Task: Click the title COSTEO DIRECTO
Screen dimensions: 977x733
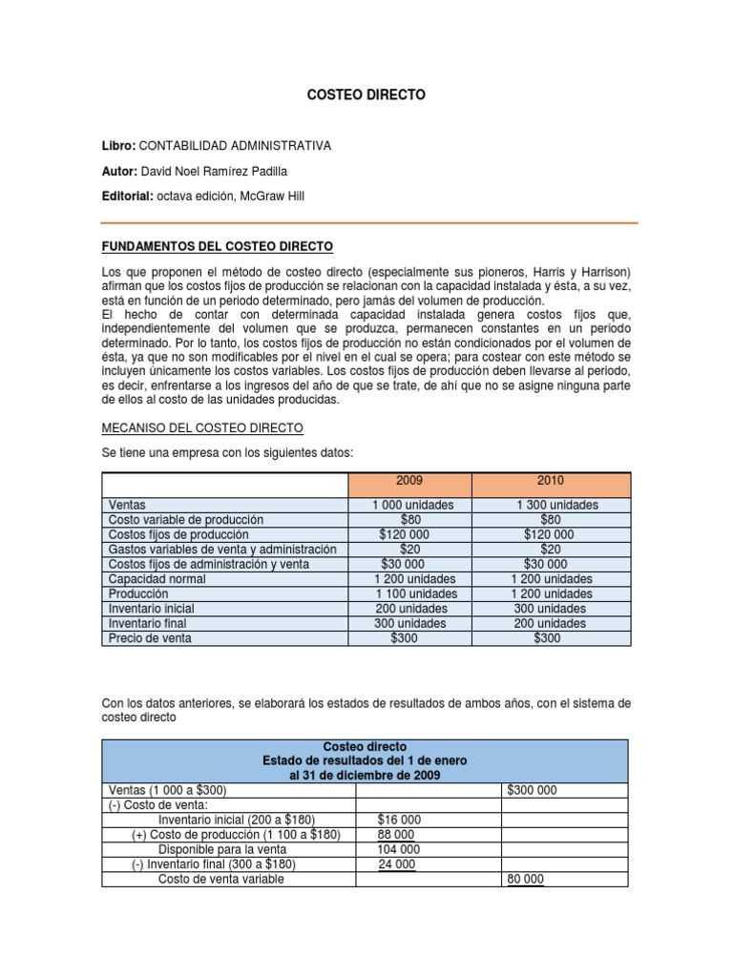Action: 366,95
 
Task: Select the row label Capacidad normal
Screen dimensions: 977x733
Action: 157,579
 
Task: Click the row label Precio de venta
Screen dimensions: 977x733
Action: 151,638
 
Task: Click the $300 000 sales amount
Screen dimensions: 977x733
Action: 532,791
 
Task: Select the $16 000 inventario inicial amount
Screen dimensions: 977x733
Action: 399,820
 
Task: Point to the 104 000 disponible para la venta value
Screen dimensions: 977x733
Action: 399,849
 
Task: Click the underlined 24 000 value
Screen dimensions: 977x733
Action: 398,864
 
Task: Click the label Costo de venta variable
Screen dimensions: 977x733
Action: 221,879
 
